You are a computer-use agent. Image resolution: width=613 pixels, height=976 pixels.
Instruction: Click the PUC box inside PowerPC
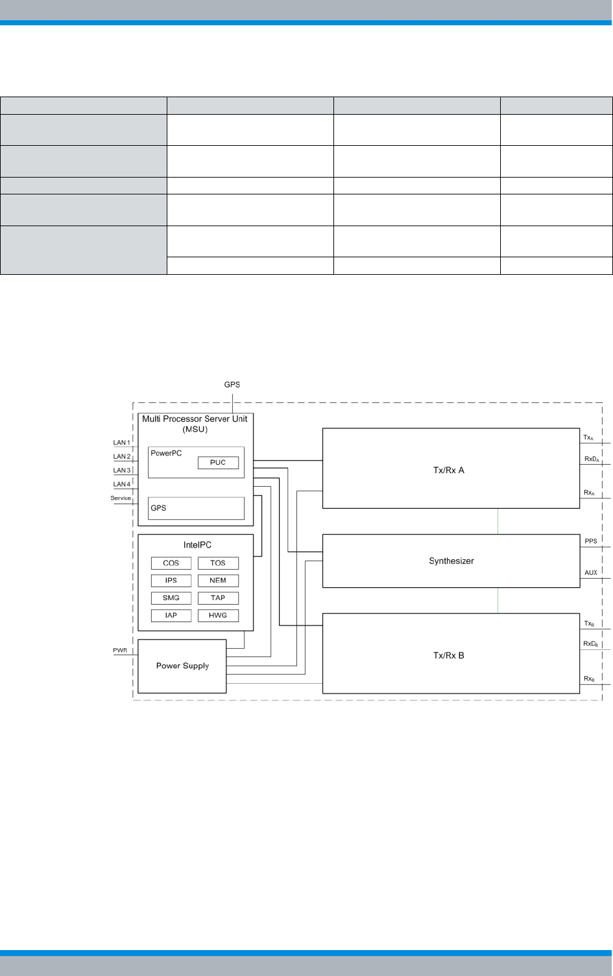[x=218, y=463]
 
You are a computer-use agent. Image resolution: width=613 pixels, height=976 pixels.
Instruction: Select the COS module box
[x=171, y=563]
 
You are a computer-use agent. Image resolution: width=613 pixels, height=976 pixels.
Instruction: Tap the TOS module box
[x=218, y=563]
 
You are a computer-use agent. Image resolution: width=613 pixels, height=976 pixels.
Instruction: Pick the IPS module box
[x=171, y=581]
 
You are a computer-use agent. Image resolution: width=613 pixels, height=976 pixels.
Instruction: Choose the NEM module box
[x=218, y=581]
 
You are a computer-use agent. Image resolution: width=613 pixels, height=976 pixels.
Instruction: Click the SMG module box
[x=171, y=598]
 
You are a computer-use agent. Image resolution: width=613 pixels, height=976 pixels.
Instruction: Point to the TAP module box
[x=218, y=598]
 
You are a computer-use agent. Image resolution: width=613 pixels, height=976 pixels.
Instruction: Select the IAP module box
[x=171, y=616]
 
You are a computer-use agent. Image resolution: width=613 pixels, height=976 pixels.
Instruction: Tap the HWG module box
[x=218, y=616]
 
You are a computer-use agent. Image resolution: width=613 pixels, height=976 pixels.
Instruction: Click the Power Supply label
[x=182, y=666]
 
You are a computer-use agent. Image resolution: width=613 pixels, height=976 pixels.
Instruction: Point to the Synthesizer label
[x=451, y=561]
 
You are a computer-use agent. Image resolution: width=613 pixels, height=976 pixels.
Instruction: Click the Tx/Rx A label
[x=449, y=471]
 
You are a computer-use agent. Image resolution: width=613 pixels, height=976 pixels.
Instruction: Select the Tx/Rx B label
[x=449, y=656]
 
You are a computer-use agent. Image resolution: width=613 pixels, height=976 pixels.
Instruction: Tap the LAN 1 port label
[x=122, y=443]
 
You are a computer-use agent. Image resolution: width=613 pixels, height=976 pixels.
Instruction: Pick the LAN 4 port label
[x=122, y=485]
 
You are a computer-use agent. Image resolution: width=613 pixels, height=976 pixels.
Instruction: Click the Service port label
[x=121, y=498]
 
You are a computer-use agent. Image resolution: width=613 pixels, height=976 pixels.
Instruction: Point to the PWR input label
[x=120, y=650]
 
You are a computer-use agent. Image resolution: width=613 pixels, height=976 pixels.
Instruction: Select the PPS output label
[x=591, y=541]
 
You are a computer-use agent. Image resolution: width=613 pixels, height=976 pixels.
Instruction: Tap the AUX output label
[x=591, y=573]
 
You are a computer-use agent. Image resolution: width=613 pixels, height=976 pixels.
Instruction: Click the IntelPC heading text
[x=197, y=545]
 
